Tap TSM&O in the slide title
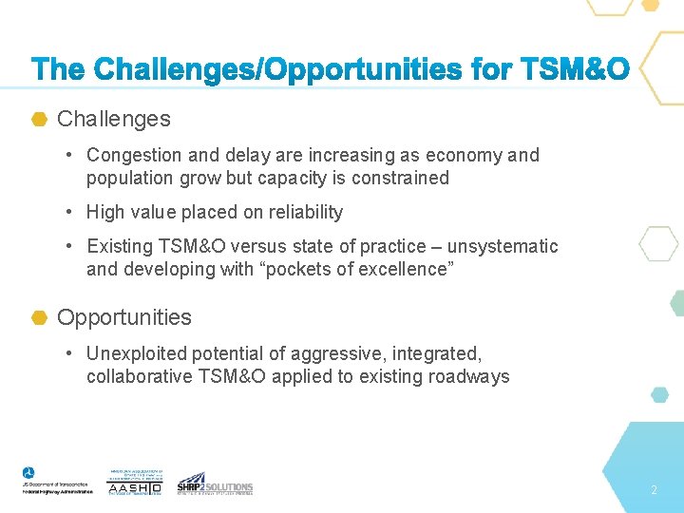tap(573, 69)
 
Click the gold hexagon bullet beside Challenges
tap(40, 119)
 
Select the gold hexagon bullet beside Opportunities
tap(40, 317)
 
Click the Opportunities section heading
tap(124, 317)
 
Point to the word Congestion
tap(132, 155)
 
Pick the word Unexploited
tap(136, 353)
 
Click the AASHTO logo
tap(135, 482)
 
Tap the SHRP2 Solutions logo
tap(215, 484)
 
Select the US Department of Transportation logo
tap(57, 480)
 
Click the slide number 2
tap(654, 490)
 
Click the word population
tap(130, 178)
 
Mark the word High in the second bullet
tap(105, 212)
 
